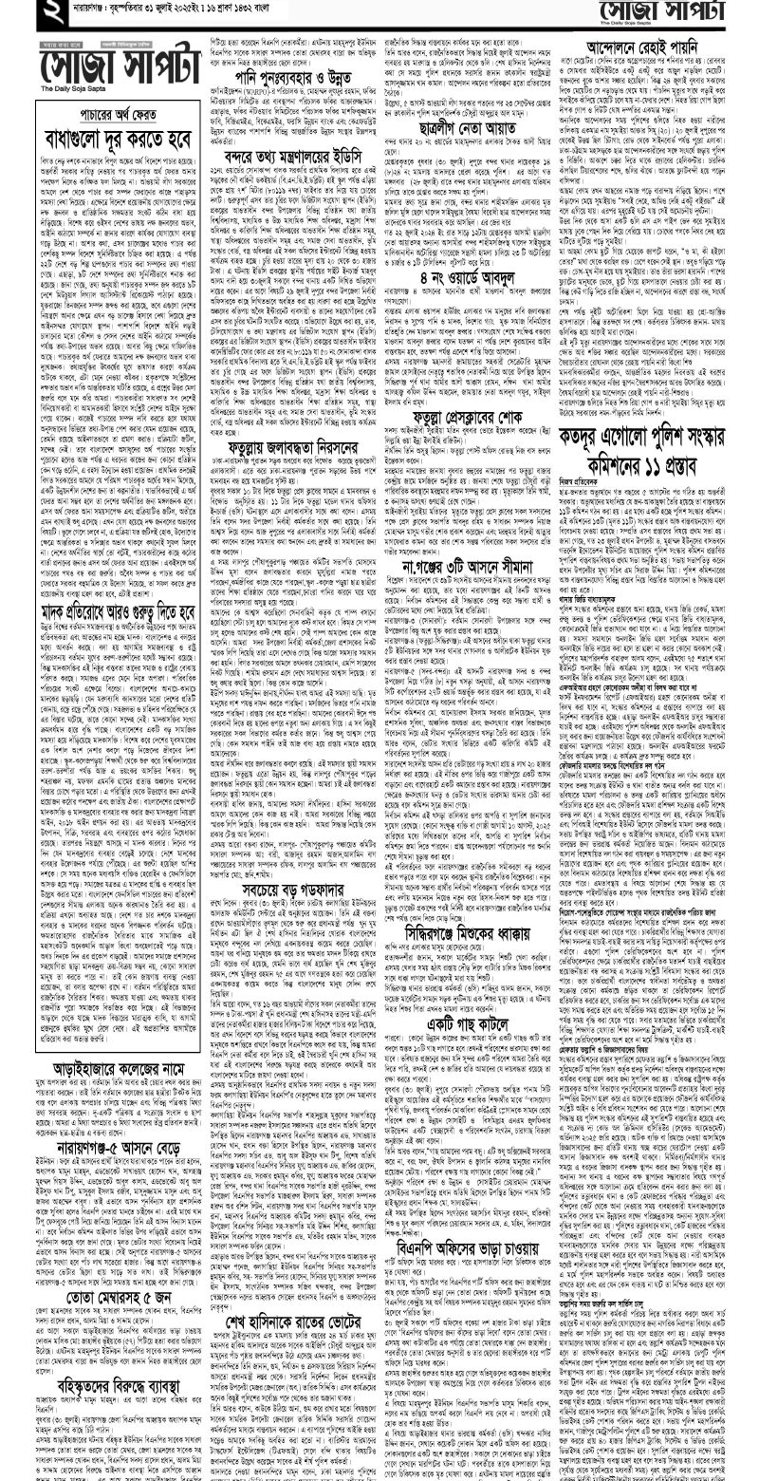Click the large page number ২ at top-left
[18, 13]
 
